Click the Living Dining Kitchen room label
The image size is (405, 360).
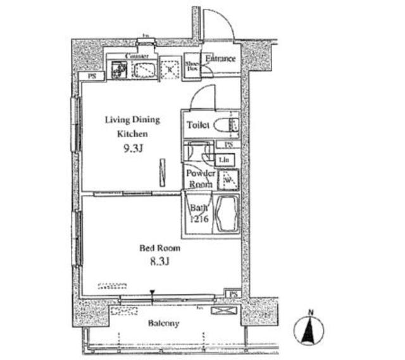coord(132,127)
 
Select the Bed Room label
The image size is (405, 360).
coord(159,249)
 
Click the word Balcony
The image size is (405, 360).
coord(164,323)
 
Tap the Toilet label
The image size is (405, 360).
coord(198,125)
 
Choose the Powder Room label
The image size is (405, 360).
coord(200,178)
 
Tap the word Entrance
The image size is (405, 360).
coord(220,59)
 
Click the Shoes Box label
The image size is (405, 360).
coord(192,66)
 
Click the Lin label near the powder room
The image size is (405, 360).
coord(226,159)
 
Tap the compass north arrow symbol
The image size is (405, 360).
coord(310,331)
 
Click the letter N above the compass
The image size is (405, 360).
coord(311,312)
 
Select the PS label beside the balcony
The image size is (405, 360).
coord(234,294)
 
